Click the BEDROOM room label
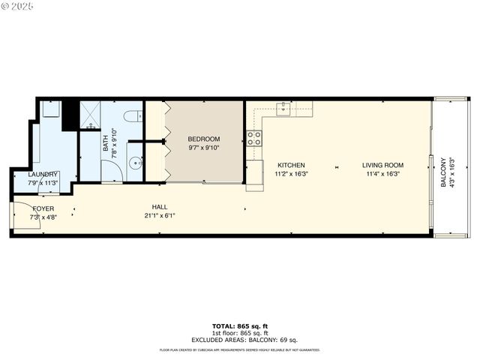point(203,139)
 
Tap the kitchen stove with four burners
point(254,138)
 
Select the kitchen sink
point(283,109)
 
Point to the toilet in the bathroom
point(133,116)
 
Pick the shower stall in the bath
point(91,115)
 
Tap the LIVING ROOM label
point(382,165)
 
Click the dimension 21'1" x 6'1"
point(159,215)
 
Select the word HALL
point(159,207)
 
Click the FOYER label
point(43,208)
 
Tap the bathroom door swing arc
point(110,172)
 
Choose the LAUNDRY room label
point(43,174)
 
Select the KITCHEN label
point(291,165)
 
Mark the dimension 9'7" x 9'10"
point(203,148)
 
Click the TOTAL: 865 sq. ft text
point(239,326)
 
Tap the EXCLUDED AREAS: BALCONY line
point(239,340)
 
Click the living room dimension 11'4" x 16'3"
point(382,174)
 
